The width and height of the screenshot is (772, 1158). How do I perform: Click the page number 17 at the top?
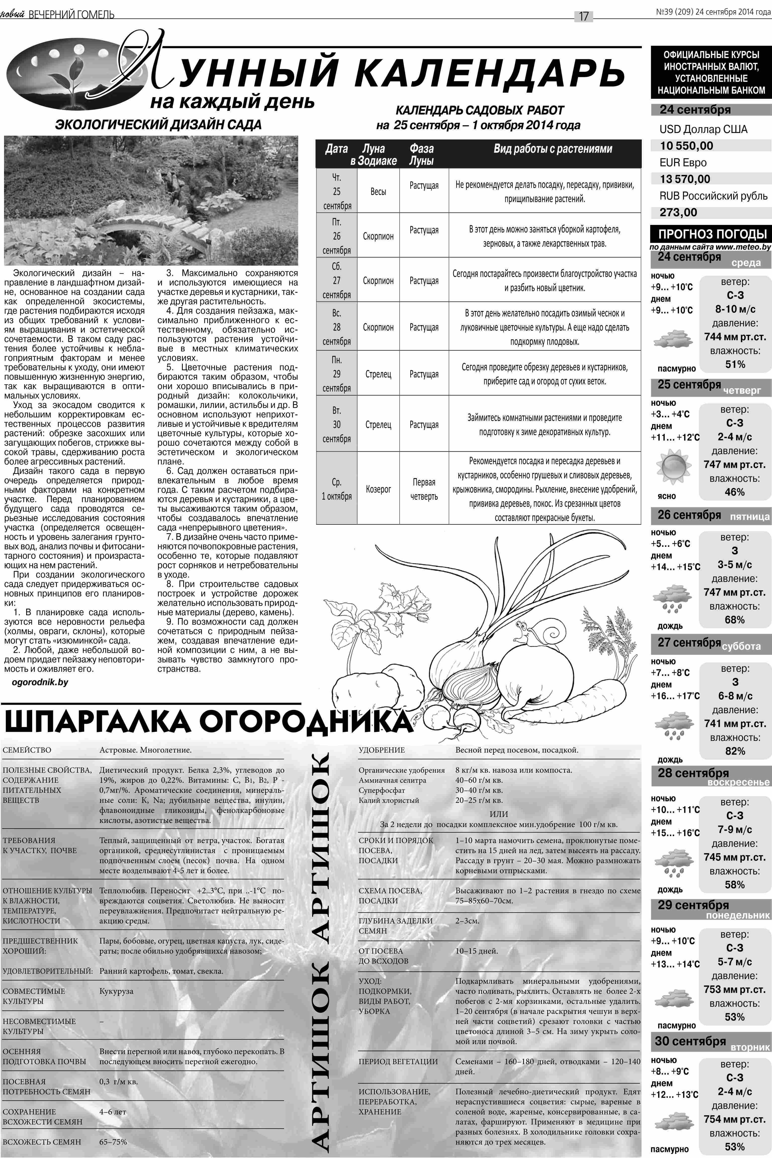[x=583, y=16]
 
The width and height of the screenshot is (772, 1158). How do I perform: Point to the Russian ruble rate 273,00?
[x=678, y=213]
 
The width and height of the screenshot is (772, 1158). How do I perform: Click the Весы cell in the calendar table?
[x=378, y=191]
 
